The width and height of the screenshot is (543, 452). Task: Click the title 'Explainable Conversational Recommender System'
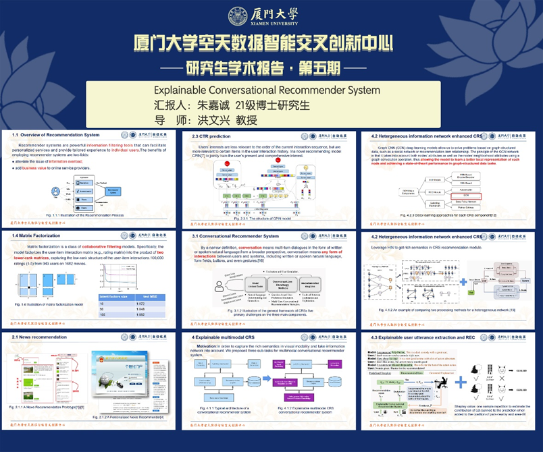click(267, 90)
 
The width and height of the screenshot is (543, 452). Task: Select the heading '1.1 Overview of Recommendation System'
click(56, 136)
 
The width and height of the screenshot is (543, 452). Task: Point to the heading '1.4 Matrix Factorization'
click(36, 235)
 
